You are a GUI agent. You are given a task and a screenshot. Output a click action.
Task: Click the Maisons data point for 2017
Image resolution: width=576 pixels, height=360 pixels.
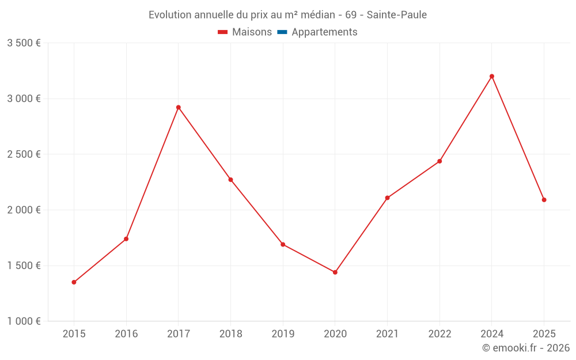pos(179,107)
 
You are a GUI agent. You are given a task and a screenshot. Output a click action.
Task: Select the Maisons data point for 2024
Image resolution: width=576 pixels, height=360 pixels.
pos(492,76)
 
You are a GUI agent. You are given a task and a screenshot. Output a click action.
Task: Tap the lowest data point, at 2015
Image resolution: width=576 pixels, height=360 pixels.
pos(74,282)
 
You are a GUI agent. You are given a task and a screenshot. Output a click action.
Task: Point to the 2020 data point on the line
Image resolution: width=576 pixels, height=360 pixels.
pos(335,272)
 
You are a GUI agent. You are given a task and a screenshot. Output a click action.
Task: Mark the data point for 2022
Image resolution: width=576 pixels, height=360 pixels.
pos(439,161)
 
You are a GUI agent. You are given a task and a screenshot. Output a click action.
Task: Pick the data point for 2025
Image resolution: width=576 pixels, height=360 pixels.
pos(544,200)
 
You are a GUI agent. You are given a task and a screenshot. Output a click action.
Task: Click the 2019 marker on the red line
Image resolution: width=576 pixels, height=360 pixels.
pos(283,244)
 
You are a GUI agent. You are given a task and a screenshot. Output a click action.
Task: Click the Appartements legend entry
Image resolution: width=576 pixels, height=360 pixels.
pos(324,32)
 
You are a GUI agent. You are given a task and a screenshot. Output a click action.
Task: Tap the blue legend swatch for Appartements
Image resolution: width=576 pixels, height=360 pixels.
pos(282,32)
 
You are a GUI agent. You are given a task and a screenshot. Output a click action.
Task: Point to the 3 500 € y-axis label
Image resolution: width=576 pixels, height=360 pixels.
pos(24,43)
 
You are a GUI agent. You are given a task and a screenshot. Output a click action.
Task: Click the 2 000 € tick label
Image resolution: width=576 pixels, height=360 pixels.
pos(24,210)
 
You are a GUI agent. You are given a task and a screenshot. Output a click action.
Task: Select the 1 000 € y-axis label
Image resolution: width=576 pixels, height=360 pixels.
pos(24,321)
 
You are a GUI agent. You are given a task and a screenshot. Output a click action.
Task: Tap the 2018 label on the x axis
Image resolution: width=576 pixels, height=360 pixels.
pos(230,334)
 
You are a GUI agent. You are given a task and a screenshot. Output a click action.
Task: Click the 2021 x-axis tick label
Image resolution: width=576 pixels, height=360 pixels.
pos(387,334)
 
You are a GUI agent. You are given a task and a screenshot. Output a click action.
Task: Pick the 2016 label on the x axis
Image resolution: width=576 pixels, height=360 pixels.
pos(126,334)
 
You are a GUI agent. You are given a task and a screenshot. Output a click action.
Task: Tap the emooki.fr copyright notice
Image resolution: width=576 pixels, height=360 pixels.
pos(526,348)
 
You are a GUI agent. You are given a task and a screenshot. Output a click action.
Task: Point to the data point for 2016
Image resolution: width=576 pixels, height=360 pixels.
pos(126,239)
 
